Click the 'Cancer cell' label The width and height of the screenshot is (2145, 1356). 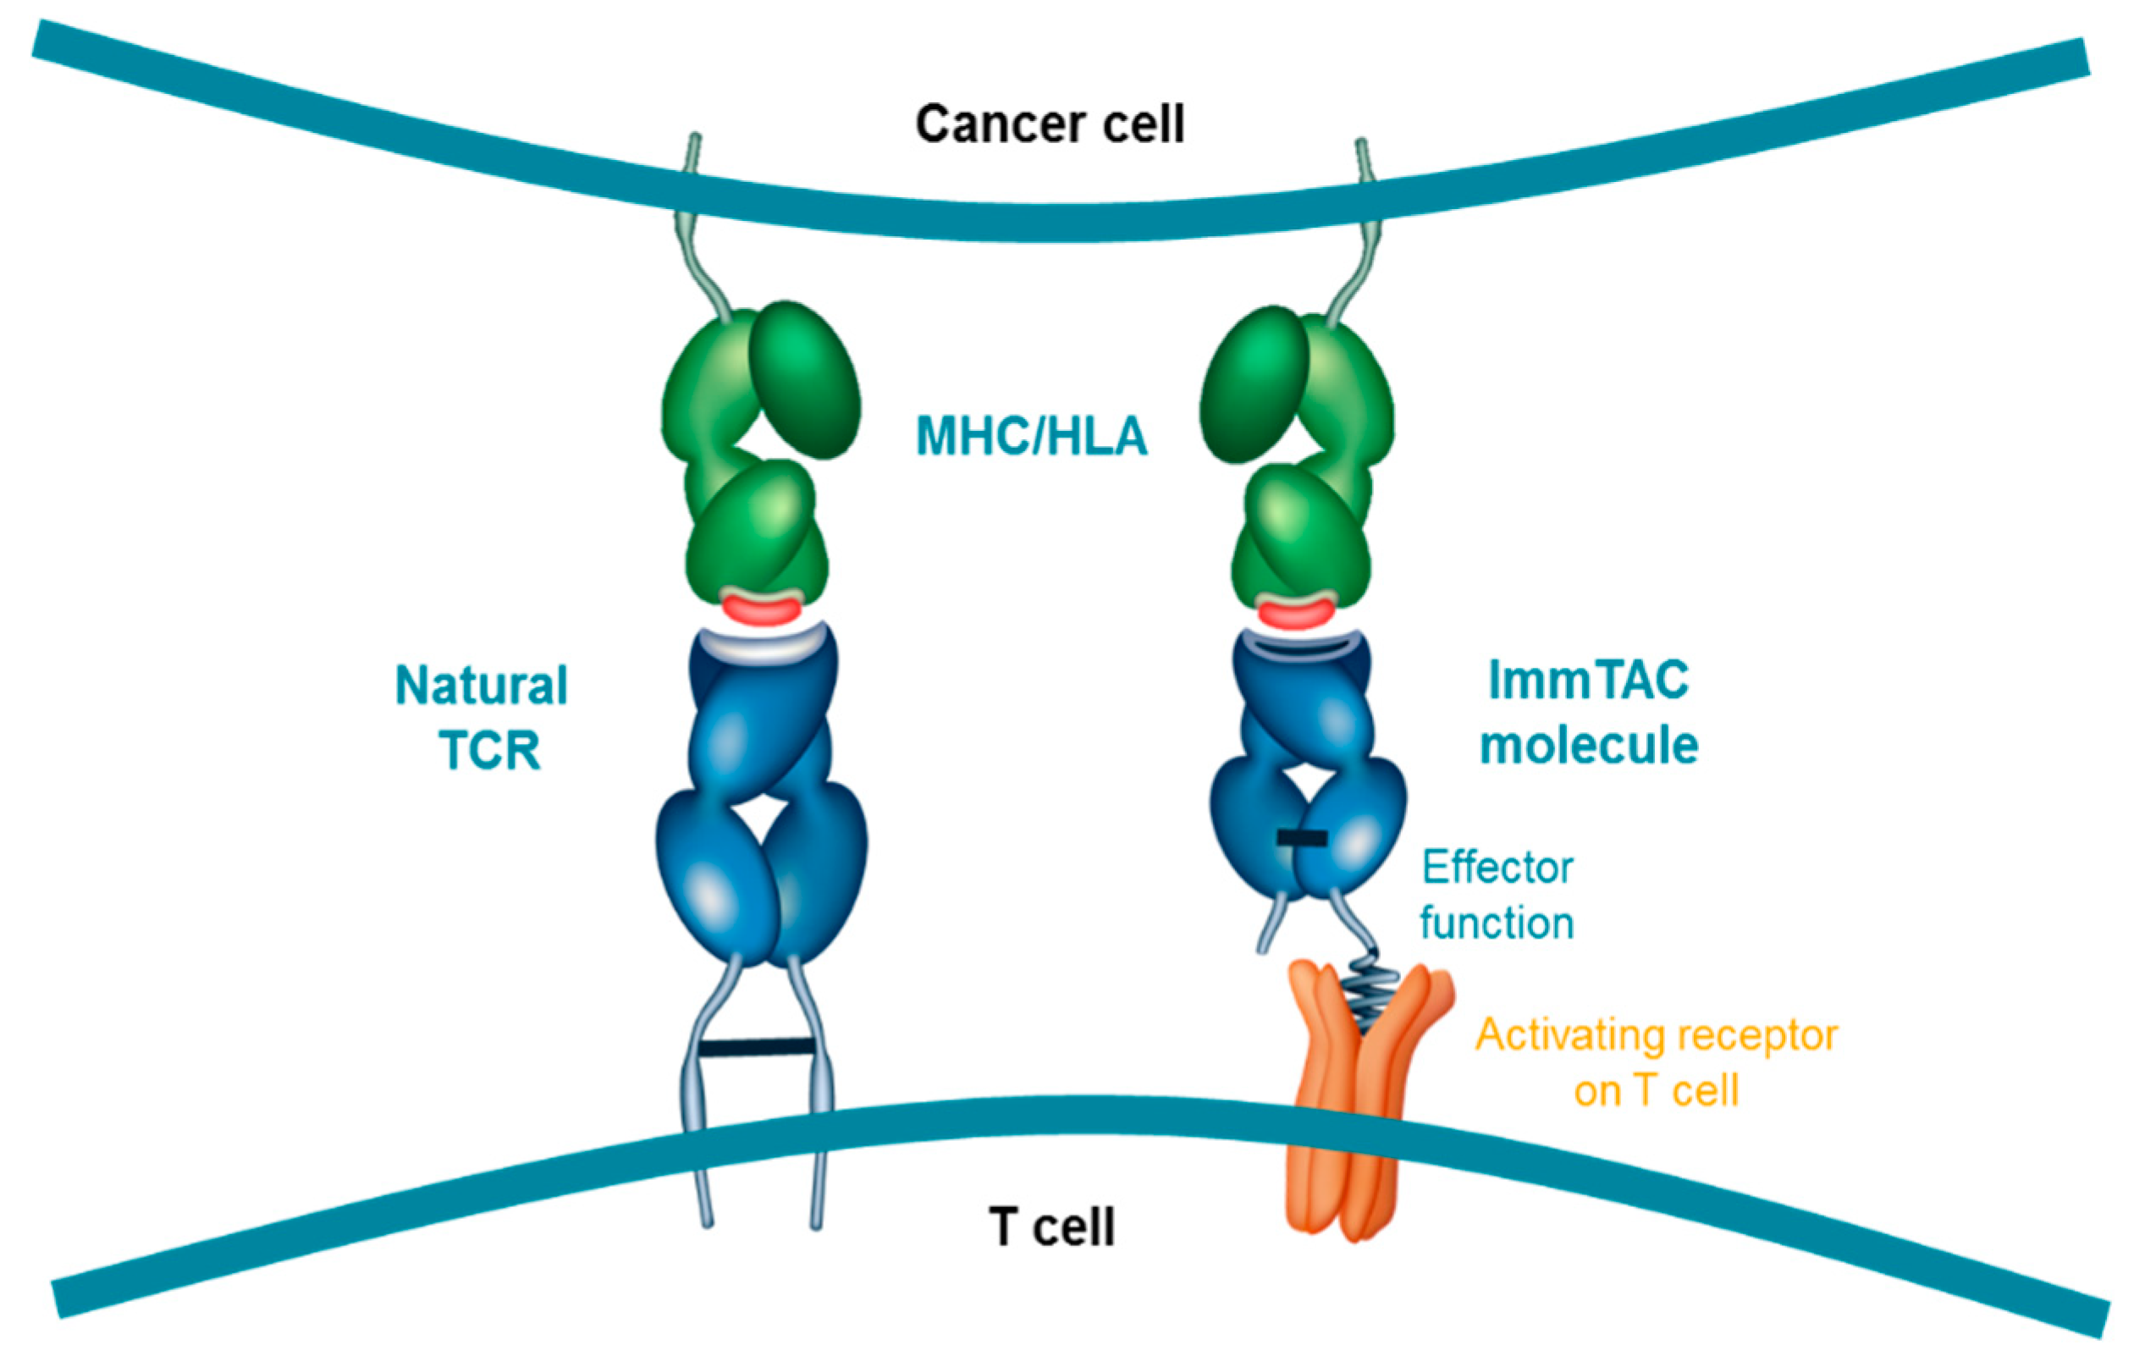[1050, 124]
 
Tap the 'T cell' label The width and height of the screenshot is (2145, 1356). [1051, 1226]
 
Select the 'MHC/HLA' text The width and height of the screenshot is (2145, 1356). [1032, 437]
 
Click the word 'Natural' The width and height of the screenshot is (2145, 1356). [481, 686]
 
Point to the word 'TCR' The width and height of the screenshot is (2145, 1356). [490, 750]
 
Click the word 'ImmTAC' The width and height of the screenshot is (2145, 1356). [1588, 680]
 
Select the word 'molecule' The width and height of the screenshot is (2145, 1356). [1588, 745]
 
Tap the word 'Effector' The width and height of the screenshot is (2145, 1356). [1497, 867]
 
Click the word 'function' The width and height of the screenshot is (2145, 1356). [1497, 923]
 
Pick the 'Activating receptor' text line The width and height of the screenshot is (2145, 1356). [1656, 1035]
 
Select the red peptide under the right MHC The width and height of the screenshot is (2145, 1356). [1295, 614]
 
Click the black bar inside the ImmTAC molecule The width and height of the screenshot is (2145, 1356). [1301, 837]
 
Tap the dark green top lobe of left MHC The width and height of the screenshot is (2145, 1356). [803, 379]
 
